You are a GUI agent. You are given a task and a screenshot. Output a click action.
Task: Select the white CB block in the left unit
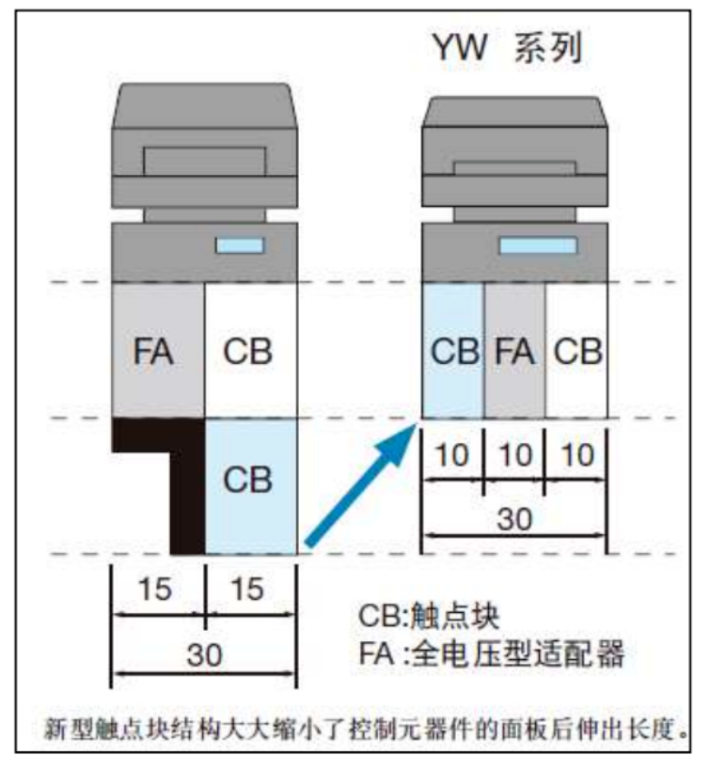pyautogui.click(x=250, y=352)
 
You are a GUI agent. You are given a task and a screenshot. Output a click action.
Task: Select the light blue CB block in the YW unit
pyautogui.click(x=452, y=352)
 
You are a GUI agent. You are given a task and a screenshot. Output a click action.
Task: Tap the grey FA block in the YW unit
pyautogui.click(x=513, y=352)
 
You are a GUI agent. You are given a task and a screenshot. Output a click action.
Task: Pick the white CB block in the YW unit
pyautogui.click(x=576, y=352)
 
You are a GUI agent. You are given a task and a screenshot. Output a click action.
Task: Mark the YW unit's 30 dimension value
pyautogui.click(x=513, y=519)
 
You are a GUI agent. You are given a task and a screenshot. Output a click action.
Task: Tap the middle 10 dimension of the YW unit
pyautogui.click(x=513, y=456)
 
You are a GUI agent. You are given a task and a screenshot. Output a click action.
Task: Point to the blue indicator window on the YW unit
pyautogui.click(x=538, y=246)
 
